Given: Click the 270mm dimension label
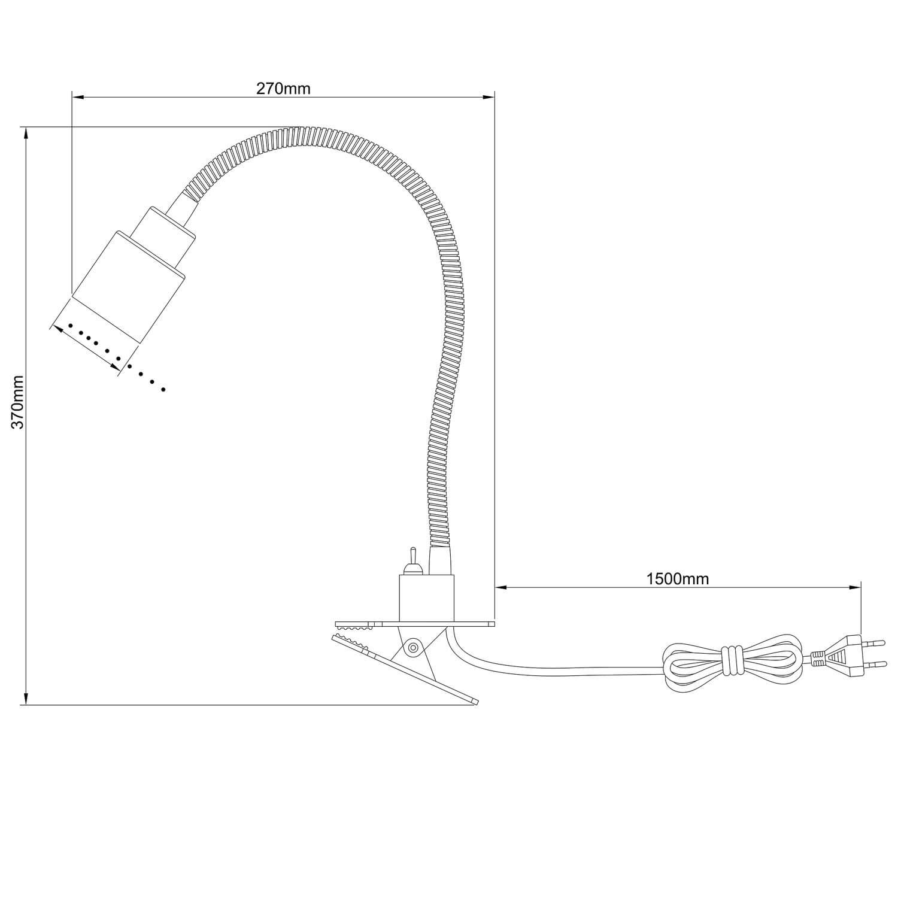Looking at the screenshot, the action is (284, 89).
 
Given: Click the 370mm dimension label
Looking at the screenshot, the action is (19, 402).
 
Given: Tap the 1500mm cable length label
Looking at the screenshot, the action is (678, 579).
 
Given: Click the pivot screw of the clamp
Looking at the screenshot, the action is (412, 647).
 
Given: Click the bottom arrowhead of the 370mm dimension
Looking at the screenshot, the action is (26, 698).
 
